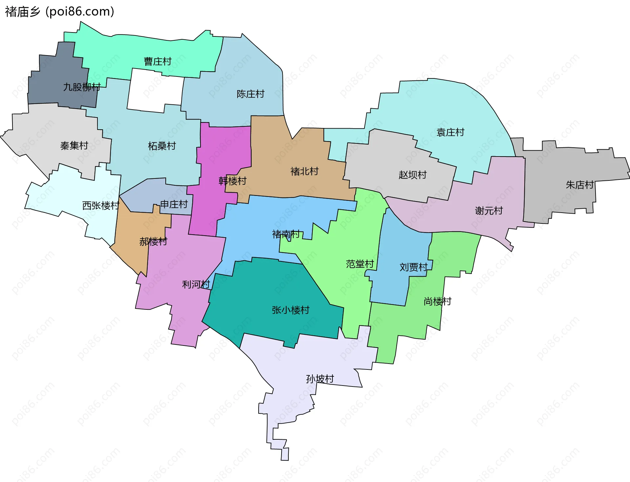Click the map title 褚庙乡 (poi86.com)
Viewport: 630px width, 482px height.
[59, 11]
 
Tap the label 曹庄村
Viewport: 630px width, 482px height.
[157, 61]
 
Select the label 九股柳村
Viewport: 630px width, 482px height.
[82, 87]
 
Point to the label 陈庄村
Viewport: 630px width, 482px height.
[250, 94]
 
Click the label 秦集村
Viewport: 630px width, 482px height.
[74, 145]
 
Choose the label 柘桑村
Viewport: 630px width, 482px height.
[162, 146]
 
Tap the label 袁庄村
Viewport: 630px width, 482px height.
[450, 132]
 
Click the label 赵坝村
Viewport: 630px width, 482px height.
[412, 175]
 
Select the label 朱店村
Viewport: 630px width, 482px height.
[580, 185]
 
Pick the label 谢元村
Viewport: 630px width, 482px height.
[489, 210]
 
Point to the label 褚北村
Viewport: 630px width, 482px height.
[304, 171]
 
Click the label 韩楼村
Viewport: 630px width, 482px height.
[232, 181]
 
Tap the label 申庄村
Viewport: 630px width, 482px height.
[174, 204]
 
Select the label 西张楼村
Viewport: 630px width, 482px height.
[101, 205]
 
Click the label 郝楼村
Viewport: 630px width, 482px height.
[153, 241]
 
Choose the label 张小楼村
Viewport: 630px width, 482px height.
[290, 310]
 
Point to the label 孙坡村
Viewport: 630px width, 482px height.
[320, 379]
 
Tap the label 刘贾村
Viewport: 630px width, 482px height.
[413, 267]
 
